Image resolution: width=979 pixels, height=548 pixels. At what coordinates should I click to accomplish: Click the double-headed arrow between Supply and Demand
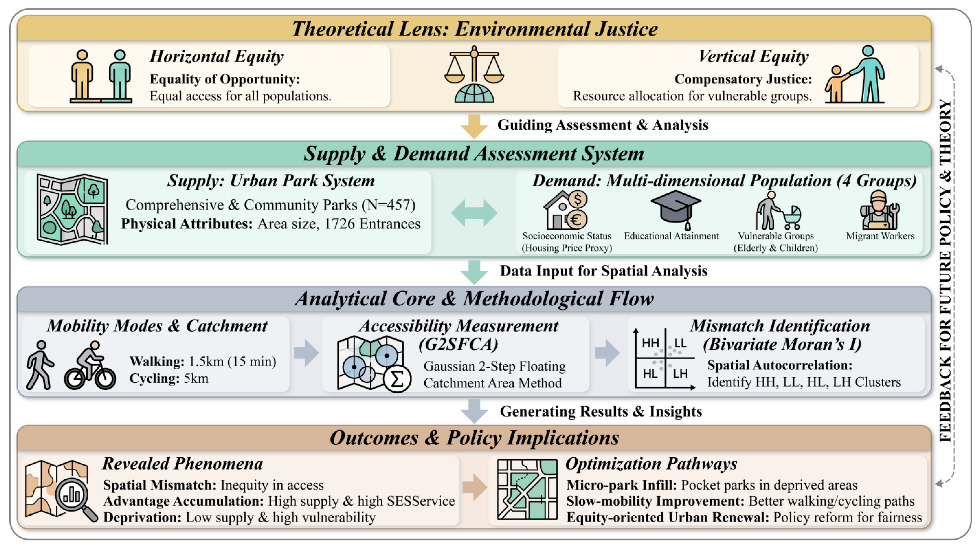[474, 213]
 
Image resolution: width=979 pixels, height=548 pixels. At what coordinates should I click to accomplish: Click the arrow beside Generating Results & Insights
[474, 411]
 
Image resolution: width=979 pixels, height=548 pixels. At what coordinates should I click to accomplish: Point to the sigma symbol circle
[397, 379]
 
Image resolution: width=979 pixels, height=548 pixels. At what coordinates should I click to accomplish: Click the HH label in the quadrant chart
[650, 343]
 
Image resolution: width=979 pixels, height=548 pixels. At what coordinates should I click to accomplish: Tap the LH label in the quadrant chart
[680, 374]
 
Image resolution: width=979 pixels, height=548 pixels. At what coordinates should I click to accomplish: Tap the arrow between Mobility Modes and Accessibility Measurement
[306, 353]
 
